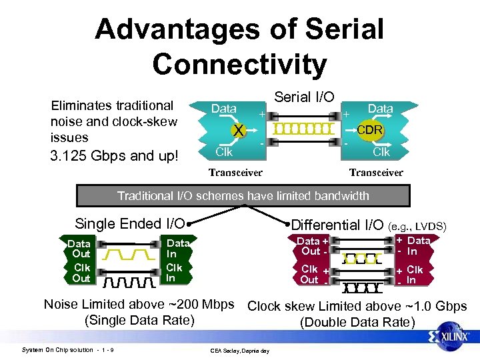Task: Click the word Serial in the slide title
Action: tap(345, 29)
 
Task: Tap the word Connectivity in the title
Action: tap(239, 64)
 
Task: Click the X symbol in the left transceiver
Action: tap(237, 131)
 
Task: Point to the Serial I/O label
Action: tap(304, 97)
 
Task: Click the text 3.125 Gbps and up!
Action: tap(115, 157)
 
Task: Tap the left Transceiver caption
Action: tap(235, 173)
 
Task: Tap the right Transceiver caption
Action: tap(376, 173)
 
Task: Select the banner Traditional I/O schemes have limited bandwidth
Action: tap(243, 195)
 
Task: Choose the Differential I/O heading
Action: tap(337, 225)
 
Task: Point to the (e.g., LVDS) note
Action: tap(417, 227)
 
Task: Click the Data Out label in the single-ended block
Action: tap(81, 249)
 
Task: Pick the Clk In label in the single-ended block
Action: tap(174, 273)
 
